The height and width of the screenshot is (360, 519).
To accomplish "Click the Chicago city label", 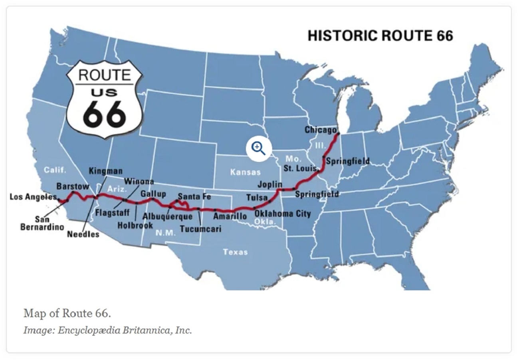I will pyautogui.click(x=321, y=130).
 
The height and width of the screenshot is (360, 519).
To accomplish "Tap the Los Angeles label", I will pyautogui.click(x=33, y=197).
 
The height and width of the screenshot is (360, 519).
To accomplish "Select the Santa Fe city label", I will pyautogui.click(x=194, y=196).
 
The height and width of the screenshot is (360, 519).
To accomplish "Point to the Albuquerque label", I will pyautogui.click(x=167, y=216).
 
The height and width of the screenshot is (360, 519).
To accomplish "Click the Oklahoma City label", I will pyautogui.click(x=283, y=214).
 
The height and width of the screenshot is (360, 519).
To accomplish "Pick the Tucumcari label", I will pyautogui.click(x=200, y=229).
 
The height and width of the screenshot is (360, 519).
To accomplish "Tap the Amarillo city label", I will pyautogui.click(x=230, y=216).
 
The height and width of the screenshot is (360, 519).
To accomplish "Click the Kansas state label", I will pyautogui.click(x=245, y=172).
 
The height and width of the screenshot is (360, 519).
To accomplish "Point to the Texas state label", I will pyautogui.click(x=235, y=252).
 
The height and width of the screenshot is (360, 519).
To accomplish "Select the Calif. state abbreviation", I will pyautogui.click(x=55, y=170).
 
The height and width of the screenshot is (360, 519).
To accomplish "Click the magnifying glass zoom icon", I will pyautogui.click(x=258, y=148).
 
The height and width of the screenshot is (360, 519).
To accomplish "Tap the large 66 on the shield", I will pyautogui.click(x=105, y=113).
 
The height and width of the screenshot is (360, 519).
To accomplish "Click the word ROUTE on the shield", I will pyautogui.click(x=104, y=75).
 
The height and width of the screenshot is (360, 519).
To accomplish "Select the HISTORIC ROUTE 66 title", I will pyautogui.click(x=380, y=36).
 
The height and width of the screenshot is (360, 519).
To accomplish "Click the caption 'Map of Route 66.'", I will pyautogui.click(x=67, y=313).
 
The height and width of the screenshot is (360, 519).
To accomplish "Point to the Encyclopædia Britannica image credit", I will pyautogui.click(x=107, y=330).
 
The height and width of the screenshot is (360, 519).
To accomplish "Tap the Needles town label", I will pyautogui.click(x=83, y=234).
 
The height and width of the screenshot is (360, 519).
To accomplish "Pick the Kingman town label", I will pyautogui.click(x=105, y=171).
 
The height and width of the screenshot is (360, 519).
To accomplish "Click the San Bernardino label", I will pyautogui.click(x=42, y=223).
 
